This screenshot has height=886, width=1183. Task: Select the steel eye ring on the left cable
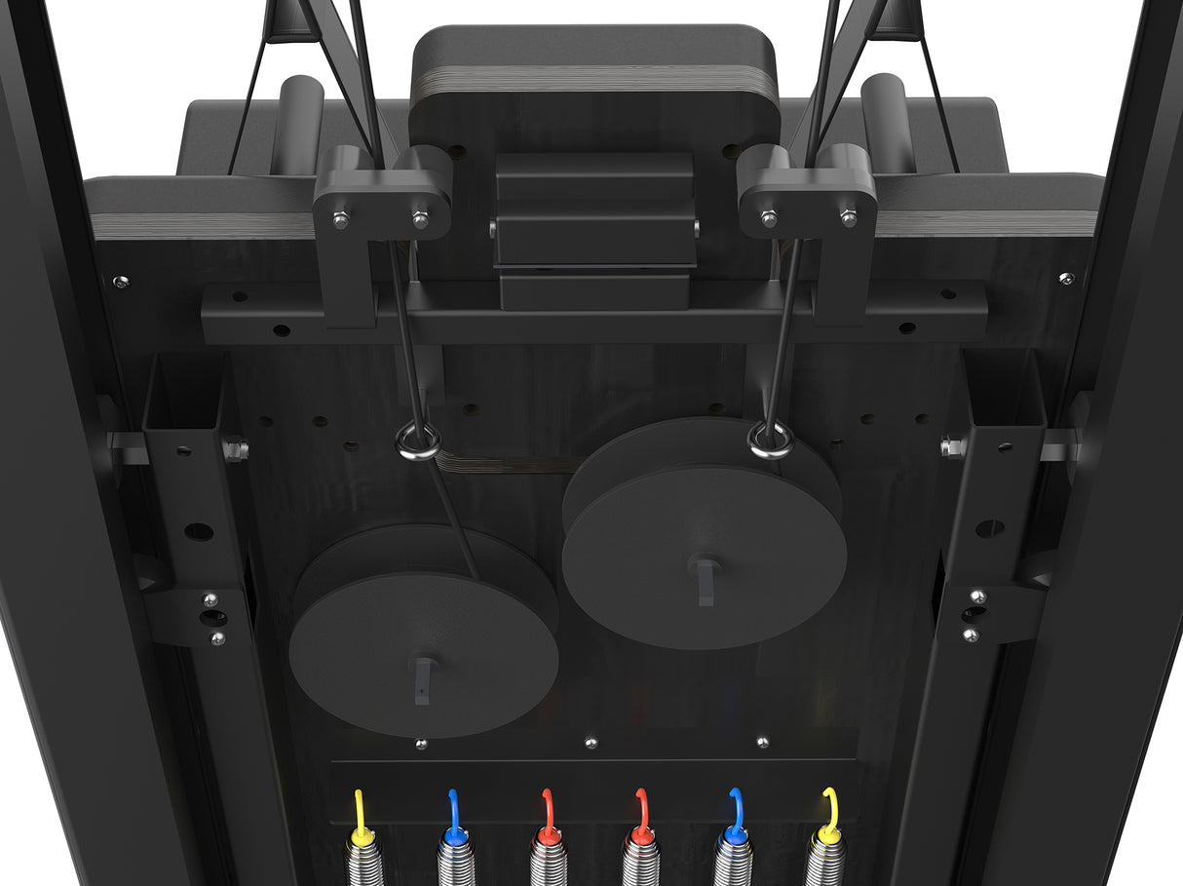[418, 443]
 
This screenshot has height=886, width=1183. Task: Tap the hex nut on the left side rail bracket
[235, 449]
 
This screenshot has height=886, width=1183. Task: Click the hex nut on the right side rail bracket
[952, 447]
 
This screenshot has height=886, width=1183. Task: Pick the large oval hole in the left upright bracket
[199, 532]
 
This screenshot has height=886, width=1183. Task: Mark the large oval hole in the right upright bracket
[989, 528]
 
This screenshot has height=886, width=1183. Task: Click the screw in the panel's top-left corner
[120, 282]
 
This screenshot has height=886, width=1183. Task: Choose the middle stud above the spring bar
[591, 744]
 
